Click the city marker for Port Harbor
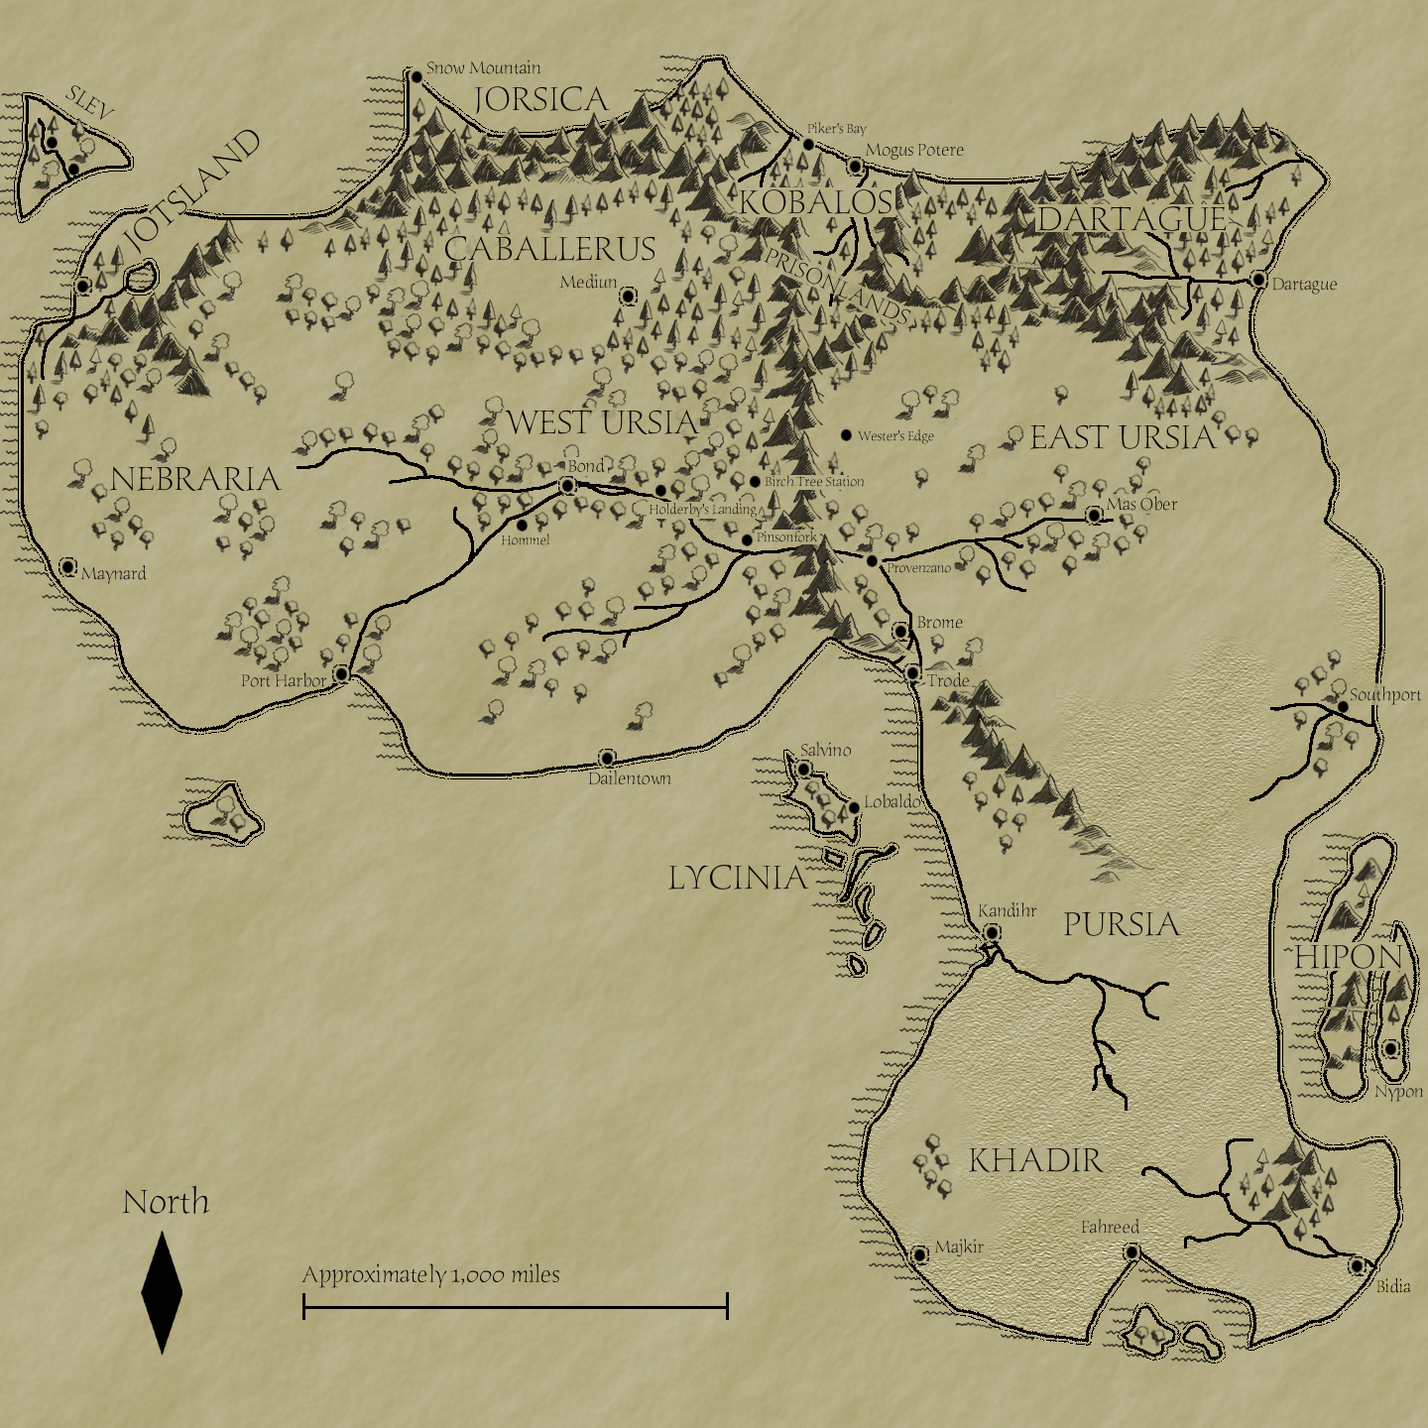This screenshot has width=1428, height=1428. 341,674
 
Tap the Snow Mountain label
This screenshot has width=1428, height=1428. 483,68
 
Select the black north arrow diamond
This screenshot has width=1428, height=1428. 162,1292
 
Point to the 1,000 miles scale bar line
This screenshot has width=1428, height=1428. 515,1307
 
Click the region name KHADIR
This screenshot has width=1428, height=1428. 1035,1160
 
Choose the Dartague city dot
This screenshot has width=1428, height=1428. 1258,280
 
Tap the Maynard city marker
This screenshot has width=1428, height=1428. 67,567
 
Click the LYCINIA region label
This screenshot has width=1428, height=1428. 737,878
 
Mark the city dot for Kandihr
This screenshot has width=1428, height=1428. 991,933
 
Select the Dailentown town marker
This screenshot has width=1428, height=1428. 607,759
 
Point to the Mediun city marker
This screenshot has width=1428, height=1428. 628,296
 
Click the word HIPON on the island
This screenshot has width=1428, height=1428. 1349,957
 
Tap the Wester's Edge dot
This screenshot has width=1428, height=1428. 846,435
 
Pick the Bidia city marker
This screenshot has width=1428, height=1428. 1357,1266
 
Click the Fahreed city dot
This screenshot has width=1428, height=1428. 1131,1252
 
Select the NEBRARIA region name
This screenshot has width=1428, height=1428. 195,479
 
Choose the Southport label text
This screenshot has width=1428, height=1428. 1384,695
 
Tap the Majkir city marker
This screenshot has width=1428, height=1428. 919,1255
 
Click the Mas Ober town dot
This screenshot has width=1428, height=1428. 1094,516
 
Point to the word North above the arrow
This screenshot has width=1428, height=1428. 166,1202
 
